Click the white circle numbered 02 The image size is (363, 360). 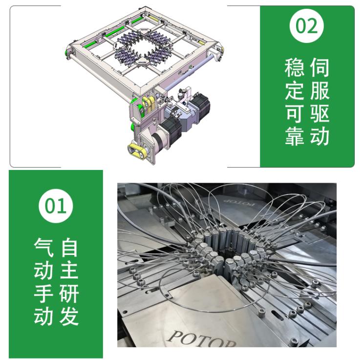point(307,26)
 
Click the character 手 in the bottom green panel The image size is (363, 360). point(43,294)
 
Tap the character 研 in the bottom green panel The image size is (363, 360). point(69,294)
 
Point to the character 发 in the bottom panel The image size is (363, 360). point(69,317)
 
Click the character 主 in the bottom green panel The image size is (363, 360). point(69,271)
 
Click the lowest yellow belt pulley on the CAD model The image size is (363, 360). point(136,151)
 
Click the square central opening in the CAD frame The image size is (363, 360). point(142,48)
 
